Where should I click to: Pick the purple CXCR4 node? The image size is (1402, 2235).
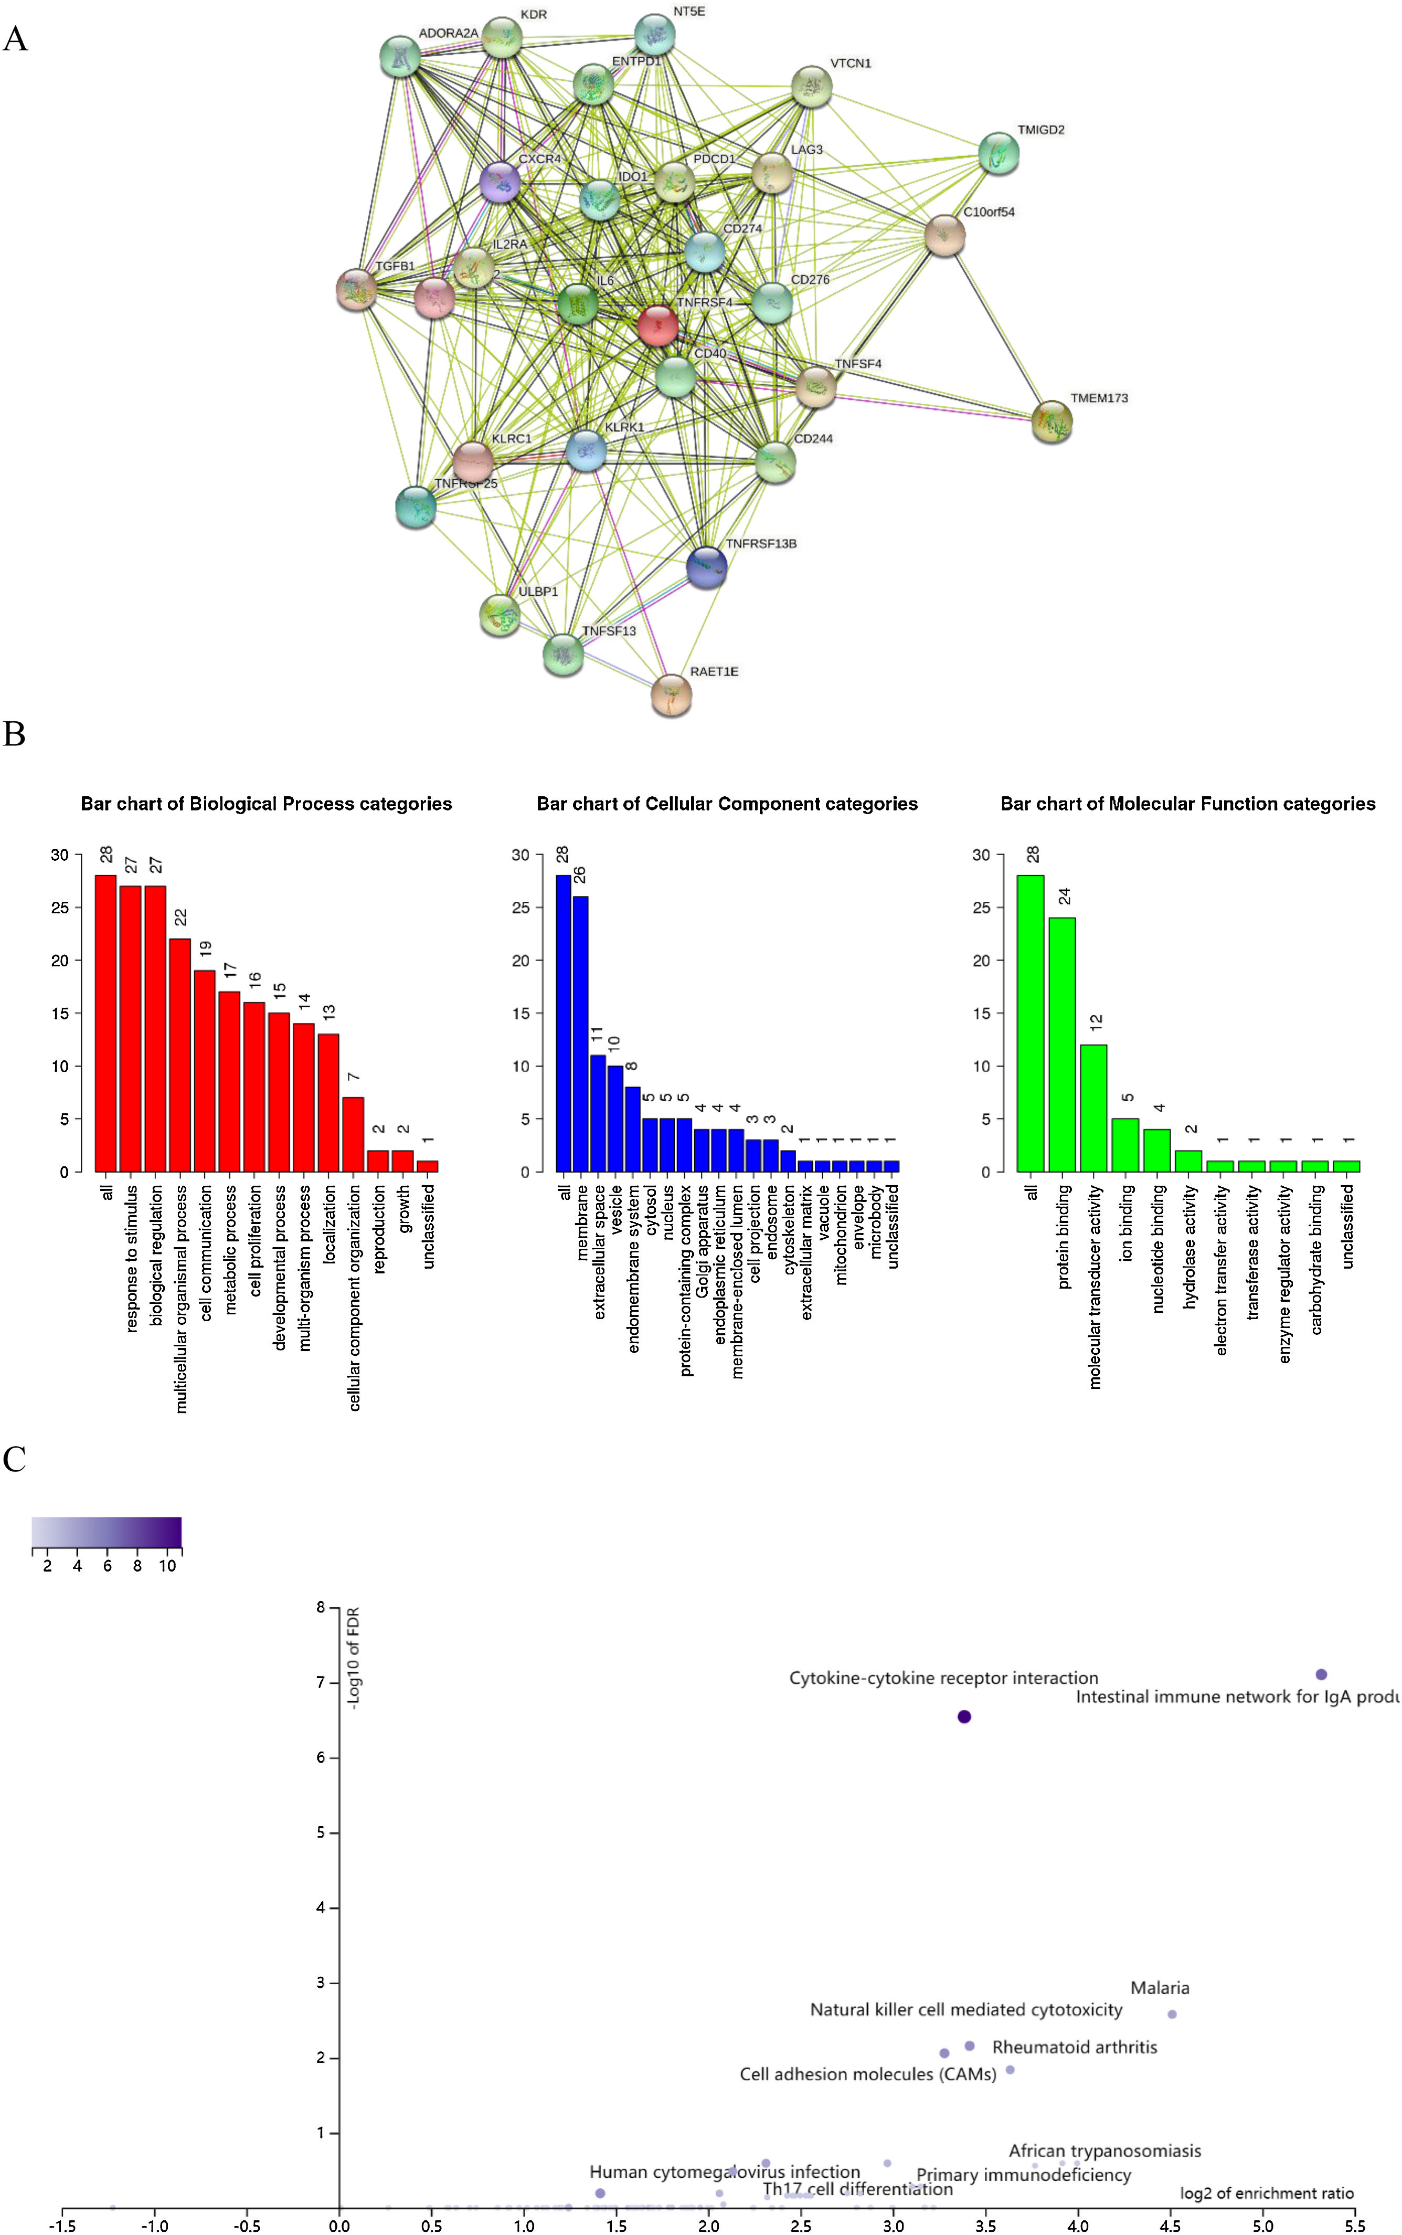(x=500, y=182)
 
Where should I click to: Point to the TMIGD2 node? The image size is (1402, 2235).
(x=999, y=153)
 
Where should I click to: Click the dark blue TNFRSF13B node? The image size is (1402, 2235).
(x=707, y=567)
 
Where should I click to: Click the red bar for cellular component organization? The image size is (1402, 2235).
(x=353, y=1133)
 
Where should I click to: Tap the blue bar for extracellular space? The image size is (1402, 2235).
(x=598, y=1113)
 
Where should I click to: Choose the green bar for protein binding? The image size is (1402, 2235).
(x=1063, y=1044)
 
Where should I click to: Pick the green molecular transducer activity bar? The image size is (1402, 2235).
(x=1094, y=1108)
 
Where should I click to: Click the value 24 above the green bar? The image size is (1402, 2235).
(x=1065, y=896)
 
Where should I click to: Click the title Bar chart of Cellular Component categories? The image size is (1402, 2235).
(x=727, y=804)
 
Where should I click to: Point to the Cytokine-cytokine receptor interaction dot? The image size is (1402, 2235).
(x=964, y=1716)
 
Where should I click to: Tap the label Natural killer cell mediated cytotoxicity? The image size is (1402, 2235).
(x=966, y=2010)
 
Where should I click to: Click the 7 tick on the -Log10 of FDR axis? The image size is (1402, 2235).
(x=321, y=1682)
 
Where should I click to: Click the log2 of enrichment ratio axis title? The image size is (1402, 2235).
(x=1267, y=2193)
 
